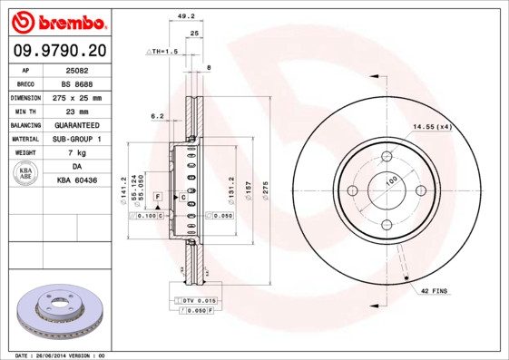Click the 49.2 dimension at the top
186,15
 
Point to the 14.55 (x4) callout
432,126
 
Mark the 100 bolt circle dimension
391,181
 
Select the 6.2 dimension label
157,116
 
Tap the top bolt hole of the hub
386,155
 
